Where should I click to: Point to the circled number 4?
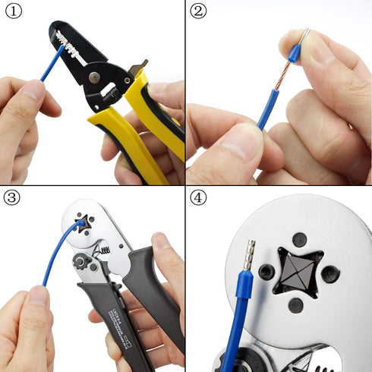197,197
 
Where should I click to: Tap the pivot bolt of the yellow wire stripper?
93,76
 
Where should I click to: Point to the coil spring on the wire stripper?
112,96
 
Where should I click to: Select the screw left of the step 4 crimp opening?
266,272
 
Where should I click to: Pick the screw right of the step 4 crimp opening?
329,273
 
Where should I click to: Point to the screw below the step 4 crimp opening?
295,305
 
